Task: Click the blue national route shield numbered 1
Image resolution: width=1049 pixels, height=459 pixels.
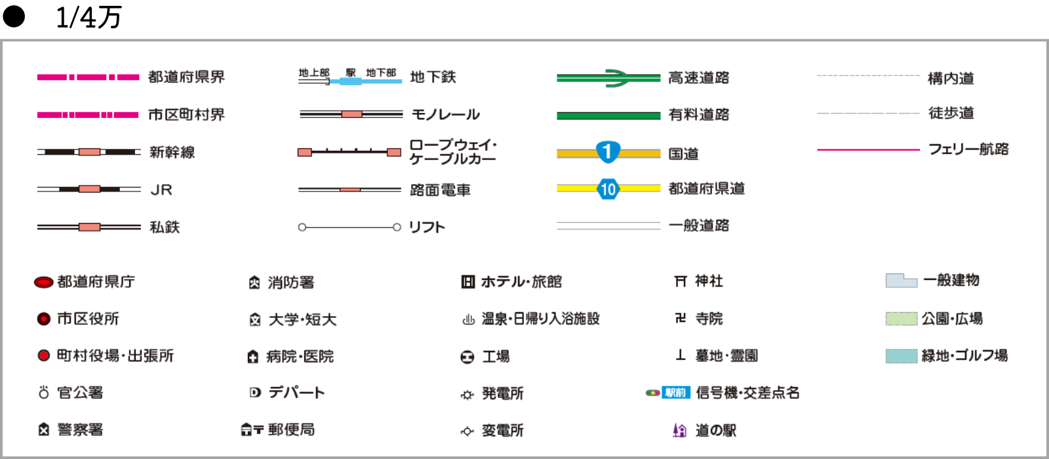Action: tap(608, 152)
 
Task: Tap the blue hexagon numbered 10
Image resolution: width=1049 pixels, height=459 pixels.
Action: tap(608, 190)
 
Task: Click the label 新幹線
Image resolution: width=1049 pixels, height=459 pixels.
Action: tap(172, 152)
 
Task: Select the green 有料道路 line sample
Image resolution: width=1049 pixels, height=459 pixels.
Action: tap(608, 115)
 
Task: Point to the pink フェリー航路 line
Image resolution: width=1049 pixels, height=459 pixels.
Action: tap(868, 150)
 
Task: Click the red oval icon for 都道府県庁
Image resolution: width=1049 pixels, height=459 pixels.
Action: tap(44, 283)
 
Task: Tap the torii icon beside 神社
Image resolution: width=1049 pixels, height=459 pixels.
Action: tap(681, 281)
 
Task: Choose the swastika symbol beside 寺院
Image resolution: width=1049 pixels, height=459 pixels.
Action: tap(681, 318)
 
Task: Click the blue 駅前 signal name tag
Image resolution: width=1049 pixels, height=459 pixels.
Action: tap(675, 393)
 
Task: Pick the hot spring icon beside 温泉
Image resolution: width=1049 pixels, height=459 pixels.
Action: tap(468, 320)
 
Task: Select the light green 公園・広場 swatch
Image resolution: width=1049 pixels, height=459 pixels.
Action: tap(901, 319)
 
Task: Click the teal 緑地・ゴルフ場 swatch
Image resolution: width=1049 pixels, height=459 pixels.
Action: tap(901, 356)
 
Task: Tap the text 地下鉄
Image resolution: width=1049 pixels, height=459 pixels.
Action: tap(433, 77)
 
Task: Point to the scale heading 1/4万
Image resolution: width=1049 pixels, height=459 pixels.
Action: tap(89, 18)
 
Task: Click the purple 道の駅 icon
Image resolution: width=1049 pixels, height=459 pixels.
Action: tap(680, 430)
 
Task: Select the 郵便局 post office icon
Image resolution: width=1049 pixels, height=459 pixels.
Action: tap(252, 430)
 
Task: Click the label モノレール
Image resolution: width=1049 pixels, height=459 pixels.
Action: tap(445, 115)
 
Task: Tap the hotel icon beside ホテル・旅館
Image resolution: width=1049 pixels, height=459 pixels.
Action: tap(467, 282)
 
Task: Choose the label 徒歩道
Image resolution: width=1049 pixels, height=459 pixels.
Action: tap(951, 113)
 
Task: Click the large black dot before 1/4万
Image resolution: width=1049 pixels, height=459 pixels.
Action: tap(14, 16)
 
